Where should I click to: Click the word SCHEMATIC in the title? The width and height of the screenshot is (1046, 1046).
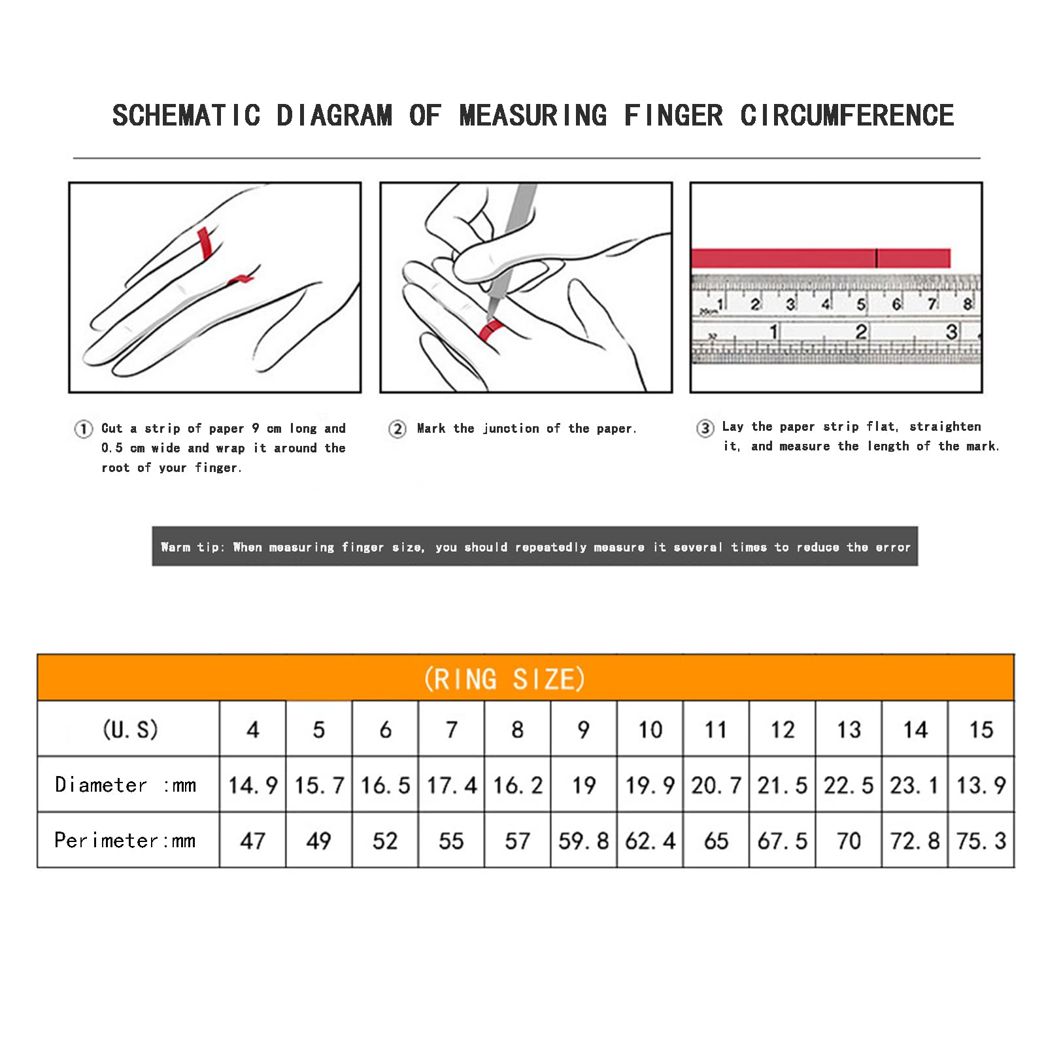(187, 116)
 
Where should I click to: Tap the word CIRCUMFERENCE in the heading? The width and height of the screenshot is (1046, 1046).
(847, 116)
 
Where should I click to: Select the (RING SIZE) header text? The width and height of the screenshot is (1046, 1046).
(505, 679)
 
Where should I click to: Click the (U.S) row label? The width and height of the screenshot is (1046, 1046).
(130, 729)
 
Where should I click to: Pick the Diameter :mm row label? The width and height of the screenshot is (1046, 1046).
(126, 785)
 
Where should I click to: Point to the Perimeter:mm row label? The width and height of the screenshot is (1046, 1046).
(125, 840)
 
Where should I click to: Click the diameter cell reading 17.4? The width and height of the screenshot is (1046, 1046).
(452, 785)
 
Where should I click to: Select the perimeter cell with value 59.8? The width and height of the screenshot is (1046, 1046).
(584, 841)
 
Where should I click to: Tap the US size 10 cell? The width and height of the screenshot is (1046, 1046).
(650, 730)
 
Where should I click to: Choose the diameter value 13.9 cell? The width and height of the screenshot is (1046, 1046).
(981, 785)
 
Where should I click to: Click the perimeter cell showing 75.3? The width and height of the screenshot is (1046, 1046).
(981, 841)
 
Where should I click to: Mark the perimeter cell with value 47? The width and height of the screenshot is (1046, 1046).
(253, 841)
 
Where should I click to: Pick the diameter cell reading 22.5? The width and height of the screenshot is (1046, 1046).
(849, 785)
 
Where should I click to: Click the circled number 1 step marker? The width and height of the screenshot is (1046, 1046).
(83, 429)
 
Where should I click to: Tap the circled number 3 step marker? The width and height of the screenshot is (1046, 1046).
(705, 428)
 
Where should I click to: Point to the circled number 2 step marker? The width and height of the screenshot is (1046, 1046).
(397, 429)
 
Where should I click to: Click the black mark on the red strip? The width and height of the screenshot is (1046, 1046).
(876, 258)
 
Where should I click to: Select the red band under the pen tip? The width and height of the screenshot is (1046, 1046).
(490, 329)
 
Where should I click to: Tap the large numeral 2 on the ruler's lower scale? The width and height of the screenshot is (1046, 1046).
(862, 332)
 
